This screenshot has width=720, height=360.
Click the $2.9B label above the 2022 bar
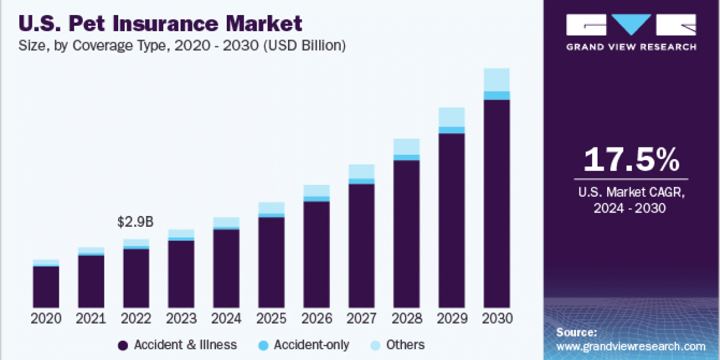point(136,223)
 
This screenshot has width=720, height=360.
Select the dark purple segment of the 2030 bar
point(497,204)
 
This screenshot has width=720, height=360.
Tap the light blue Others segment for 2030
point(497,80)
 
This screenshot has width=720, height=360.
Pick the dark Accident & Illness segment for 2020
point(46,287)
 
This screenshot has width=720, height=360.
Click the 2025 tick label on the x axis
point(271,319)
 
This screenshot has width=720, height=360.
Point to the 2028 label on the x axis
point(406,319)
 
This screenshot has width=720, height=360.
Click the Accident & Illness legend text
point(185,345)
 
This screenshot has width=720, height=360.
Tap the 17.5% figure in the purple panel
point(631,160)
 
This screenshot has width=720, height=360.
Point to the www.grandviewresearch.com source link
point(631,346)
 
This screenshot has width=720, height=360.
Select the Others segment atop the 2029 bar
point(452,117)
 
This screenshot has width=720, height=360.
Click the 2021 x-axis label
point(91,319)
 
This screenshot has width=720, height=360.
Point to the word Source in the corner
point(576,332)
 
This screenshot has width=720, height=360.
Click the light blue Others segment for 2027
point(361,171)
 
